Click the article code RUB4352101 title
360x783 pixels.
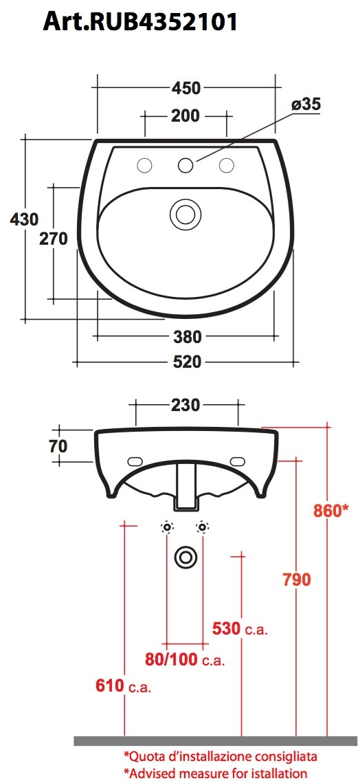[x=141, y=21]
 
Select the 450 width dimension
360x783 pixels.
[x=185, y=88]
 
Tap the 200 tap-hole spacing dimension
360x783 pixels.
[x=185, y=115]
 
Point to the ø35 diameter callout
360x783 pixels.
[x=306, y=104]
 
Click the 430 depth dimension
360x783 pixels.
[x=23, y=219]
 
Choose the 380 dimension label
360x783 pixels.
[x=187, y=337]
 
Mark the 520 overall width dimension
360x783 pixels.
[x=187, y=362]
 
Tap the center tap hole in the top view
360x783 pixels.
[x=185, y=165]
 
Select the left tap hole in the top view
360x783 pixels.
[x=145, y=165]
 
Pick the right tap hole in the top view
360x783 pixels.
[x=225, y=165]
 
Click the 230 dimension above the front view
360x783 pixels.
[x=186, y=405]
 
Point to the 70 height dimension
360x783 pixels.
[x=58, y=445]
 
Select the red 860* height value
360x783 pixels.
[x=331, y=511]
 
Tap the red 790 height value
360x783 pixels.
[x=297, y=579]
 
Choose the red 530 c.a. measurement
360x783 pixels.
[x=240, y=628]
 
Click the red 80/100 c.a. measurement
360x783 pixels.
[x=184, y=659]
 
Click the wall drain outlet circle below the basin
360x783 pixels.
[x=185, y=557]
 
